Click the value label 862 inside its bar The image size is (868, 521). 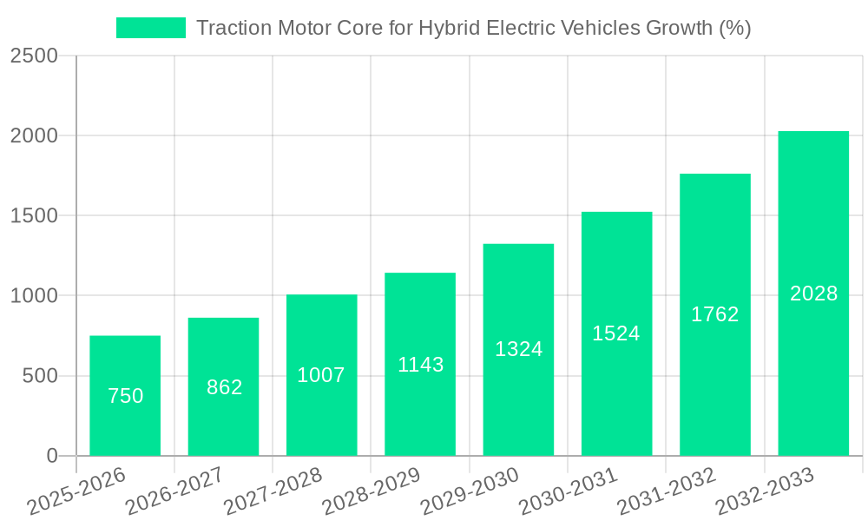coord(224,387)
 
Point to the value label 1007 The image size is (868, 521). coord(321,375)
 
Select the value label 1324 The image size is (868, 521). coord(518,349)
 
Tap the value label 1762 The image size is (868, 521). coord(714,314)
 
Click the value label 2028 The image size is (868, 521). coord(813,293)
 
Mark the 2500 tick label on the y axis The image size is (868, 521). coord(34,56)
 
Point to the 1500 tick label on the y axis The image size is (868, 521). coord(34,216)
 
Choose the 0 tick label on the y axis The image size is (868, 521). coord(51,456)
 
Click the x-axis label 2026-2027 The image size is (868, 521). coord(174,491)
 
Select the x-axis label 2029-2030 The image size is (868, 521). coord(470,491)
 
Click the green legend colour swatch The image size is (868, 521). coord(151,28)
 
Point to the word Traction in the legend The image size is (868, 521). coord(230,28)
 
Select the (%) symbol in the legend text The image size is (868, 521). coord(734,28)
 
